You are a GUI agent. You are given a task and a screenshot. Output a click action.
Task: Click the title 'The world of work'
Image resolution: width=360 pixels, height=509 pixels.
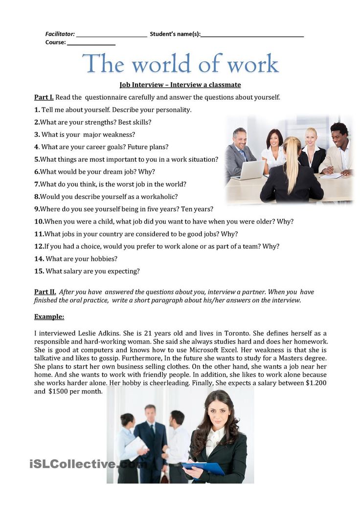(x=180, y=64)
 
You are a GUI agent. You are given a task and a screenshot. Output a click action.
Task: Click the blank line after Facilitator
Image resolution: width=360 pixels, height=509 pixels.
(x=112, y=35)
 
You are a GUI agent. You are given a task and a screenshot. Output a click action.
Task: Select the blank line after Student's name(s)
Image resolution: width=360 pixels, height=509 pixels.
(x=252, y=35)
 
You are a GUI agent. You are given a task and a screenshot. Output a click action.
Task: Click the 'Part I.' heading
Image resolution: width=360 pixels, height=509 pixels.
(x=44, y=97)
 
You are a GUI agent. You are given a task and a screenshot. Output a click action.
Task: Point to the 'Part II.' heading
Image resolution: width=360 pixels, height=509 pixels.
(x=45, y=292)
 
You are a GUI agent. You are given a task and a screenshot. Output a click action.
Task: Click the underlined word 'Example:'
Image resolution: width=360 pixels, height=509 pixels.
(x=49, y=317)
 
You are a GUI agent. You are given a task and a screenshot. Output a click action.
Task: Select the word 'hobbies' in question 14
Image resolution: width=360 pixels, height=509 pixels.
(x=103, y=259)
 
